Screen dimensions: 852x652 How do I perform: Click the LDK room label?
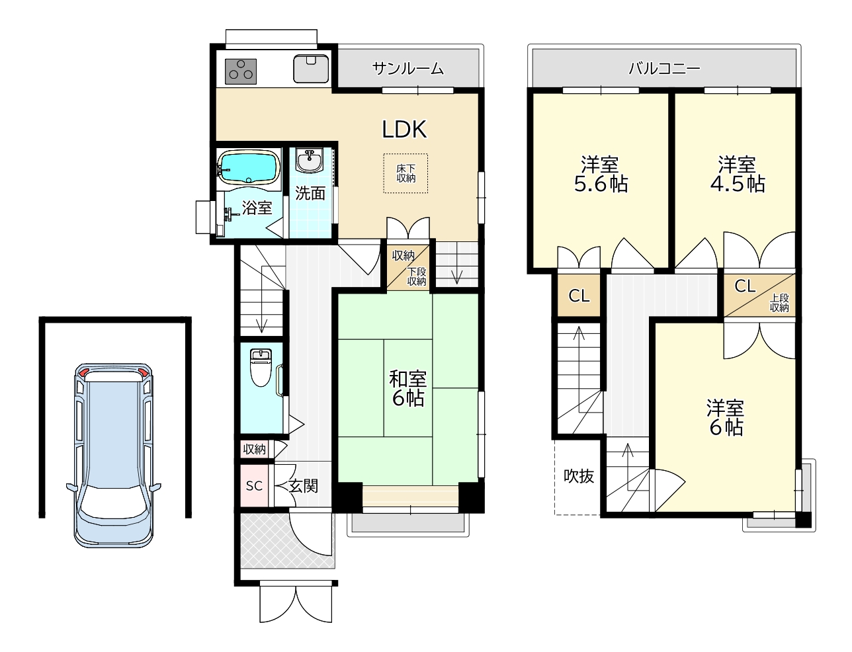pyautogui.click(x=404, y=129)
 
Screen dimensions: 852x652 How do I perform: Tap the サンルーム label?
pyautogui.click(x=407, y=69)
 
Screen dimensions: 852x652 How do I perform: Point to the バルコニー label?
pyautogui.click(x=664, y=69)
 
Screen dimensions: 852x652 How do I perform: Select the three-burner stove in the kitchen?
pyautogui.click(x=241, y=71)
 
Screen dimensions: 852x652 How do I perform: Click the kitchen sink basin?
pyautogui.click(x=311, y=69)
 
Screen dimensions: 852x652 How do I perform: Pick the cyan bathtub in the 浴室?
pyautogui.click(x=249, y=167)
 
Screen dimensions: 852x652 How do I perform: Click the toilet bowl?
pyautogui.click(x=261, y=368)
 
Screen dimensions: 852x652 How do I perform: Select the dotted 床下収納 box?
pyautogui.click(x=405, y=173)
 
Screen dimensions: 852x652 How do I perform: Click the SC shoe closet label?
pyautogui.click(x=254, y=486)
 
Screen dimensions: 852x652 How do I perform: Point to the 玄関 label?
pyautogui.click(x=303, y=486)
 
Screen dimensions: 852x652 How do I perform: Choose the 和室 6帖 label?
pyautogui.click(x=407, y=388)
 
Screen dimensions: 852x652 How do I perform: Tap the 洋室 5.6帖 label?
pyautogui.click(x=601, y=174)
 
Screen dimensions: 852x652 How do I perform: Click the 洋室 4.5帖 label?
pyautogui.click(x=738, y=174)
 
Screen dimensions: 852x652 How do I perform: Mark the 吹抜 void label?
pyautogui.click(x=579, y=475)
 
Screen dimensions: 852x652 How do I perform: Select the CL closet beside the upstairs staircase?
pyautogui.click(x=579, y=296)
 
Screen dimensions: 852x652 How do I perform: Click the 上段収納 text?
pyautogui.click(x=779, y=303)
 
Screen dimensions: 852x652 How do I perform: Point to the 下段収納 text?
pyautogui.click(x=416, y=276)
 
